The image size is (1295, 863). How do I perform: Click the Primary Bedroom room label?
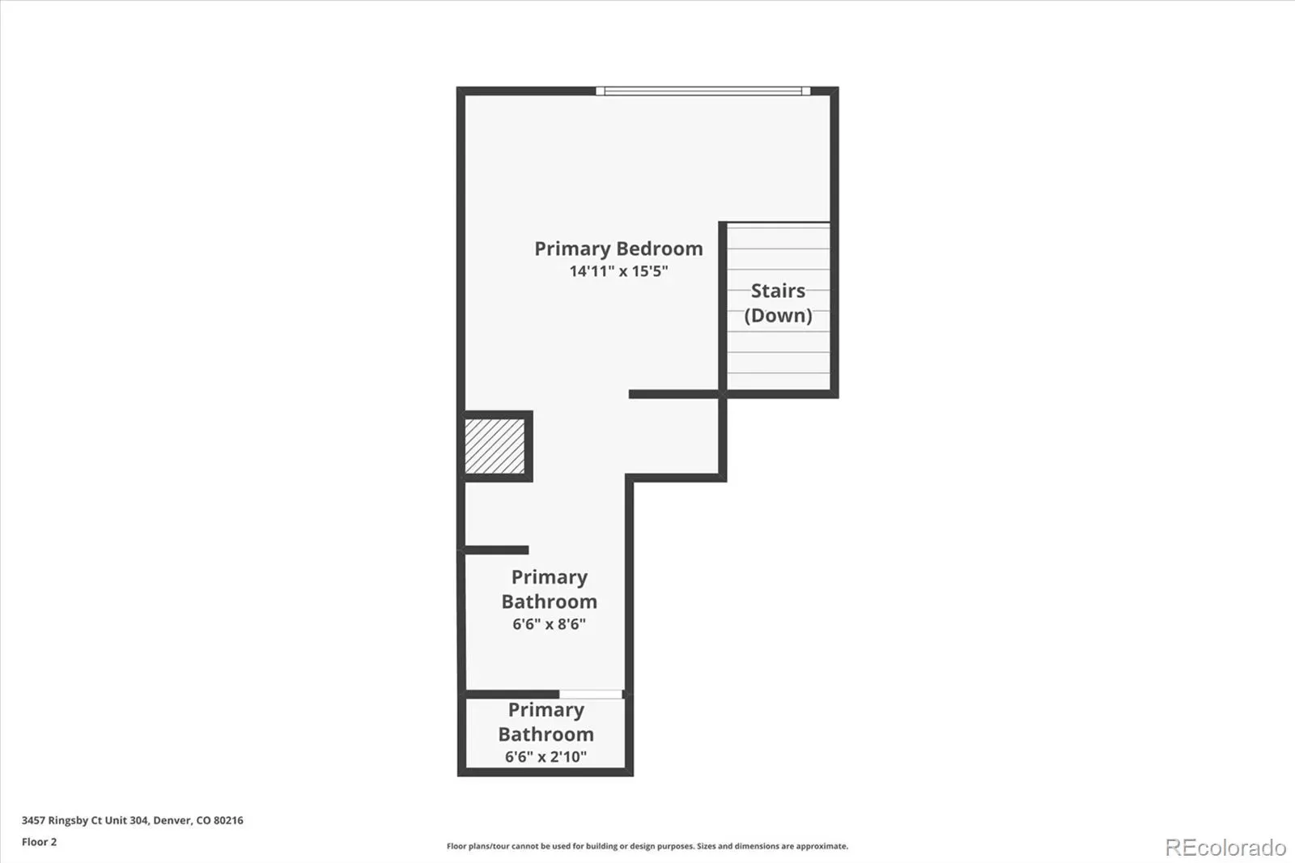click(x=618, y=249)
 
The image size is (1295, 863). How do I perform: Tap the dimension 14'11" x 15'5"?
click(x=618, y=271)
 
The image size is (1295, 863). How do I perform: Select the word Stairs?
click(x=778, y=291)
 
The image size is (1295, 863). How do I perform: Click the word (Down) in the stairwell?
click(x=778, y=315)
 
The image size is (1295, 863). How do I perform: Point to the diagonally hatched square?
click(x=495, y=446)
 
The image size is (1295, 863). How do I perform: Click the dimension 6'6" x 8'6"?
click(x=550, y=624)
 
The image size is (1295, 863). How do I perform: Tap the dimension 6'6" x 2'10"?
click(x=546, y=757)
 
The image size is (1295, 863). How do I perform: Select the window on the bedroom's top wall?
click(x=703, y=91)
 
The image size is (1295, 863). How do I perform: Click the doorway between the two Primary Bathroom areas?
click(x=591, y=694)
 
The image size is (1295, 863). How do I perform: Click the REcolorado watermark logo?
click(x=1225, y=848)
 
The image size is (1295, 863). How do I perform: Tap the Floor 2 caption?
click(x=40, y=842)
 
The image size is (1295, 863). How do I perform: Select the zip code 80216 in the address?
click(x=228, y=820)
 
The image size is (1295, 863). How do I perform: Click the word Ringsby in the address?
click(x=69, y=821)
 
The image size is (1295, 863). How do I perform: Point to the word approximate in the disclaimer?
click(x=822, y=846)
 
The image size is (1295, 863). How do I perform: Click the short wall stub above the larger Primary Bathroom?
click(x=497, y=550)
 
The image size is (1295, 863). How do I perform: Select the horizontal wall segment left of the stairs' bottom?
click(x=674, y=394)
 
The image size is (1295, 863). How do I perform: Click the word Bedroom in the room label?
click(x=660, y=249)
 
